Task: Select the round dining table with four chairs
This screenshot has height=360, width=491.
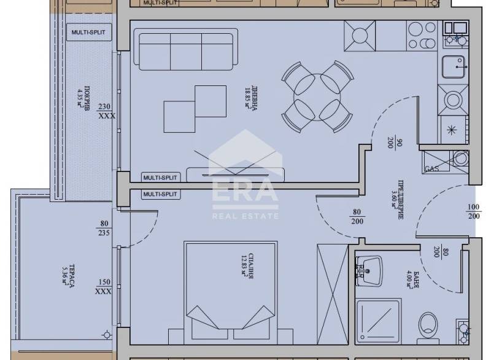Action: (x=318, y=96)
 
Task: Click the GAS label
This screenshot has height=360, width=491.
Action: (x=431, y=169)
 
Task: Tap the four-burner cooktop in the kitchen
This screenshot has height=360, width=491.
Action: (x=359, y=35)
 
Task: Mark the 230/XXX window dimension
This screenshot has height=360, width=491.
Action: (x=106, y=111)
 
